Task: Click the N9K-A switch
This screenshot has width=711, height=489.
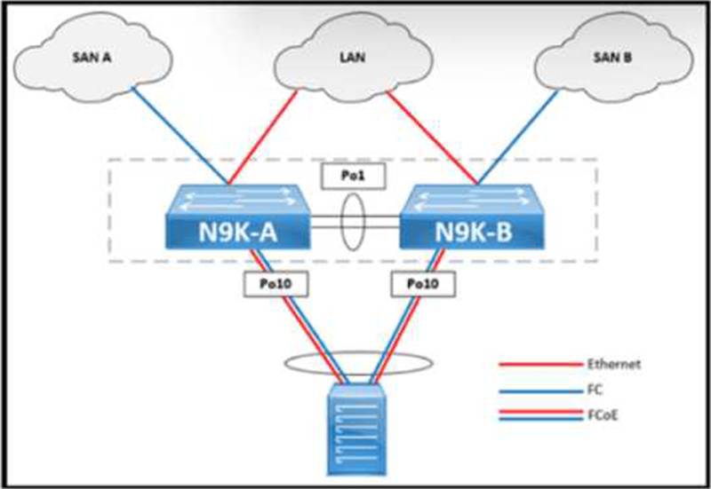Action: pos(237,222)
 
